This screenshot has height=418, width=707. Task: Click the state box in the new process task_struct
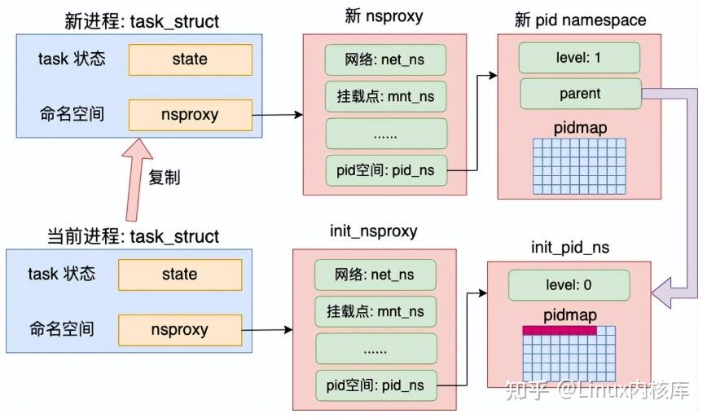(x=190, y=59)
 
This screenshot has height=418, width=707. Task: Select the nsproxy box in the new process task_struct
(x=190, y=114)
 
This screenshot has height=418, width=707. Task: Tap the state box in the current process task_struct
(x=179, y=274)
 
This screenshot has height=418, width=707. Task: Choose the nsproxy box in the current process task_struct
(x=179, y=330)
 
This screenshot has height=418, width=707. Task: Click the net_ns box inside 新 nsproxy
(x=386, y=59)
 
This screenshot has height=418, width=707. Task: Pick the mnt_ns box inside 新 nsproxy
(x=386, y=96)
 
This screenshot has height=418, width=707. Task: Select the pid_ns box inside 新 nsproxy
(x=386, y=170)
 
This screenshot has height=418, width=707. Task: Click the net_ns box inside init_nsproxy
(x=375, y=275)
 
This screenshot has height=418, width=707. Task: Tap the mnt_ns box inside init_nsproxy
(x=375, y=312)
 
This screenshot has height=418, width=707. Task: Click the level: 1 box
(x=580, y=59)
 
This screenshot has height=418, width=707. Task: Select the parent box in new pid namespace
(x=580, y=94)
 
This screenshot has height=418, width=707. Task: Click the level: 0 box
(x=569, y=285)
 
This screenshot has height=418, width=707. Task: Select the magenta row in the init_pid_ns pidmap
(x=559, y=330)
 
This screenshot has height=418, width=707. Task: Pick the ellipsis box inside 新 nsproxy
(x=386, y=133)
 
